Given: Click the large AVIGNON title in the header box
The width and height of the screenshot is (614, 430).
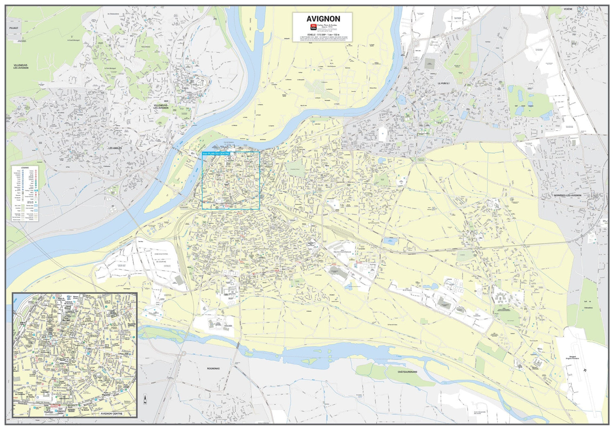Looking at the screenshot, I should pos(323,19).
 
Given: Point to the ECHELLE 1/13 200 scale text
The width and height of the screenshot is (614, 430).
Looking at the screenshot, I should pos(322,34).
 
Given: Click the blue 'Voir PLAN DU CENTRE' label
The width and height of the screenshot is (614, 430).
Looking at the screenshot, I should pos(216,154).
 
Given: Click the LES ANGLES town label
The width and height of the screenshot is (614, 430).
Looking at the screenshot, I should pos(115,148).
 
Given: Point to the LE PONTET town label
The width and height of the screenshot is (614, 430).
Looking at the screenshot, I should pos(444,83).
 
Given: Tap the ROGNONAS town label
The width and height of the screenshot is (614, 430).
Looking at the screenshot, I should pos(213,368).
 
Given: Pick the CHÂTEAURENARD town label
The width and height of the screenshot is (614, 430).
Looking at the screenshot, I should pos(407,372).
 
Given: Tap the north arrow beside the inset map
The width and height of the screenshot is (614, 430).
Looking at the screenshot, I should pos(144,399).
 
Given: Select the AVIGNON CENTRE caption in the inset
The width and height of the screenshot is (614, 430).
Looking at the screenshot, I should pos(111,414).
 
